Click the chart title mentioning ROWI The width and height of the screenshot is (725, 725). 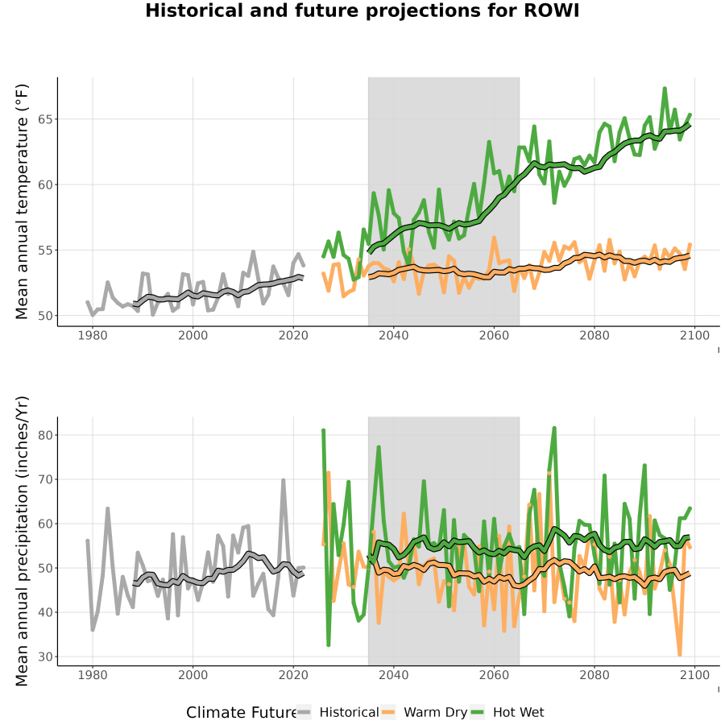click(x=362, y=10)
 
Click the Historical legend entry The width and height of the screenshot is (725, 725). click(x=338, y=712)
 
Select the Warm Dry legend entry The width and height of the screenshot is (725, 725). click(x=424, y=712)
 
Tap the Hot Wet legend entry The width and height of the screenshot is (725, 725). click(x=507, y=712)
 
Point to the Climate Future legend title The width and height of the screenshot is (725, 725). click(x=242, y=713)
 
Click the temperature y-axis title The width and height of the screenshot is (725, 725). click(x=22, y=201)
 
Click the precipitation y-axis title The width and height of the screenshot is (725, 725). click(x=22, y=541)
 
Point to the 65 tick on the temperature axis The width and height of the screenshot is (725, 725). click(x=45, y=119)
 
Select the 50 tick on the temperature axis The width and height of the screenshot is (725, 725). click(x=45, y=316)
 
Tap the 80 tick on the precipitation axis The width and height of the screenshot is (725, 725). click(x=45, y=435)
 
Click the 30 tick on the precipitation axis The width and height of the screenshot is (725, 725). click(x=45, y=657)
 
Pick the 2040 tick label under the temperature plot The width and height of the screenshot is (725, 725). click(x=393, y=335)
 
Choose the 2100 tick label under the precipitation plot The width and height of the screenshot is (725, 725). click(x=694, y=675)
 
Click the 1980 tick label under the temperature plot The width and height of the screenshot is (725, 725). click(x=93, y=335)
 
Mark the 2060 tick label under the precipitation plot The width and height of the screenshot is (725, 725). click(x=494, y=675)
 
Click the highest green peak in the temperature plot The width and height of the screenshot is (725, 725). click(x=665, y=89)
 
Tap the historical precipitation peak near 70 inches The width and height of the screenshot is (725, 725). click(x=284, y=480)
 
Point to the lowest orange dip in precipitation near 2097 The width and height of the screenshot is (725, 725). click(x=680, y=654)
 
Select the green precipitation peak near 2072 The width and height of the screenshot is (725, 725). click(x=554, y=429)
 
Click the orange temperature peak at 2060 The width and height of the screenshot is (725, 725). click(x=494, y=238)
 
